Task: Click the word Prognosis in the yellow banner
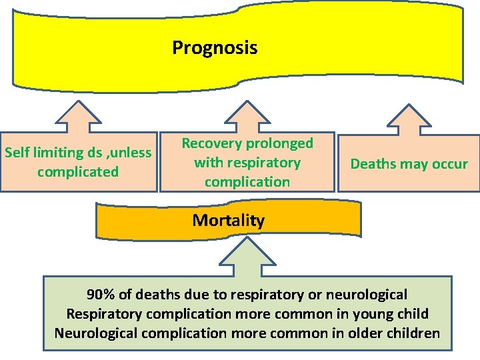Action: (x=214, y=48)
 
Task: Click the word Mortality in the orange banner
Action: (x=228, y=221)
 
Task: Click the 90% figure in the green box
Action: (x=100, y=295)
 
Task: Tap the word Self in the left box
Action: (x=18, y=153)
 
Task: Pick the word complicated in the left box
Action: (x=78, y=172)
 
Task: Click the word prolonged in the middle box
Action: (x=281, y=143)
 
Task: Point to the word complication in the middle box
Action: (x=247, y=182)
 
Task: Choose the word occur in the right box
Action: (x=449, y=164)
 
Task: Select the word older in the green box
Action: (x=363, y=333)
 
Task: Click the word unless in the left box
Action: (x=131, y=153)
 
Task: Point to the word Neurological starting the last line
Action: (x=97, y=333)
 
